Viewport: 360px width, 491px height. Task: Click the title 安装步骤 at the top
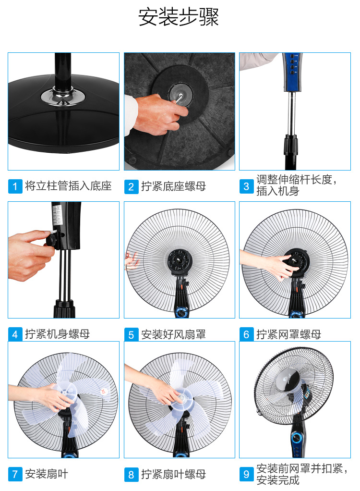(178, 17)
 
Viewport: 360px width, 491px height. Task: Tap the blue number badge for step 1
(15, 186)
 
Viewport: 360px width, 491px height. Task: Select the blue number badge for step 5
(131, 335)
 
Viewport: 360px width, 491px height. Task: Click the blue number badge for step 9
(246, 474)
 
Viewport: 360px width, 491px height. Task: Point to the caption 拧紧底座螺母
(174, 186)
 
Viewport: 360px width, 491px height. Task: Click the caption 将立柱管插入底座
(68, 186)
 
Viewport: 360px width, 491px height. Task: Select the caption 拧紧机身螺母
(58, 334)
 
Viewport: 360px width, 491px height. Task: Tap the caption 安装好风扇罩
(174, 334)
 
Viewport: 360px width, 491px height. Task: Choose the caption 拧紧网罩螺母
(288, 334)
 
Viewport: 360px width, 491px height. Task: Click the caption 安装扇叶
(47, 474)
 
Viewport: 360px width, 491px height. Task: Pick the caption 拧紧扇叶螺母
(174, 474)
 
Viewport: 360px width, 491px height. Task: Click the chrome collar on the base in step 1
(63, 95)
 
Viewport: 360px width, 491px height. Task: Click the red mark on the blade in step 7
(103, 392)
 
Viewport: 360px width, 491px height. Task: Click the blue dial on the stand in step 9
(296, 438)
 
